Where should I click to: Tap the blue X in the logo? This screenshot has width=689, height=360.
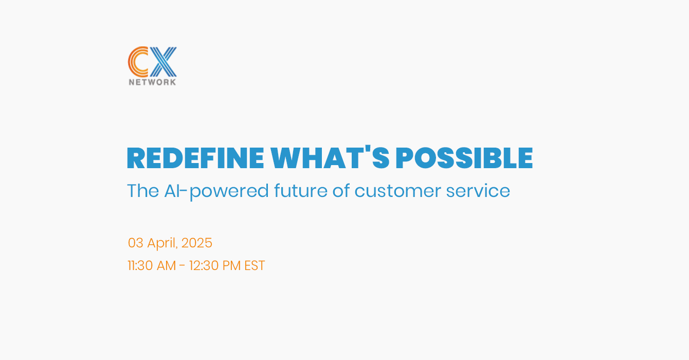click(163, 62)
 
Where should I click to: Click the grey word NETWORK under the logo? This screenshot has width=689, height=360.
click(152, 82)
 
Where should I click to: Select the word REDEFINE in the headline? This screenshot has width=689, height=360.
click(195, 158)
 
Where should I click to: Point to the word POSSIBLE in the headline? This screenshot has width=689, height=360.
click(464, 158)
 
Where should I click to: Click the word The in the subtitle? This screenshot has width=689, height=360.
click(143, 191)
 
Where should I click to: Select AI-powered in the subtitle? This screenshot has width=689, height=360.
click(216, 192)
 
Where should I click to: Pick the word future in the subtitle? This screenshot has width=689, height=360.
click(300, 191)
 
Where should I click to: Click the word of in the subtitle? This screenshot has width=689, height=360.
click(341, 191)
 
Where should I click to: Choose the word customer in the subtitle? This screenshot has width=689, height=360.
click(397, 191)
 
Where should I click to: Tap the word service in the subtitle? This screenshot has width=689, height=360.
click(478, 191)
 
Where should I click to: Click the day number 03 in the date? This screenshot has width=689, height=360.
click(136, 243)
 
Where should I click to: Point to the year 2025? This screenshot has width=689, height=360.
click(197, 243)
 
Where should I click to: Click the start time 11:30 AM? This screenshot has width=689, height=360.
click(152, 265)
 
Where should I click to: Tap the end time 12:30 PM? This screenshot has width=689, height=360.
click(215, 265)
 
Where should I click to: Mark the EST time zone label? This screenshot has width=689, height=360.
click(255, 265)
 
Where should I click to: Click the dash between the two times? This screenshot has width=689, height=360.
click(182, 266)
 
